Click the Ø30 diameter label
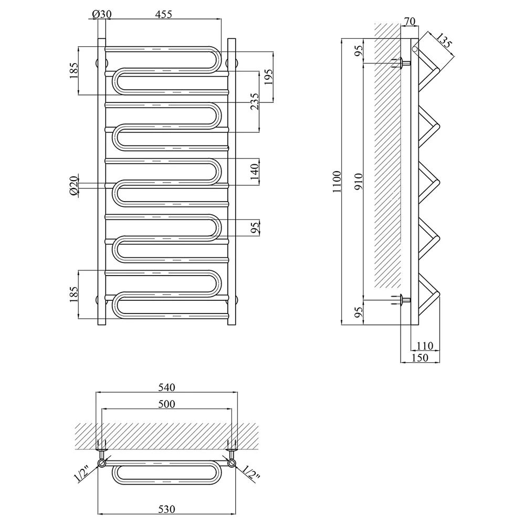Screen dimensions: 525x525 point(101,14)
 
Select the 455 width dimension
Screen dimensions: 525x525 point(164,14)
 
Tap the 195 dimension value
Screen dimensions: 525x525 point(268,77)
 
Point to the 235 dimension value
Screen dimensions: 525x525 point(255,101)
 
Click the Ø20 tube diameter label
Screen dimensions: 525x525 point(74,185)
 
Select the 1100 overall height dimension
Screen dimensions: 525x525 point(337,182)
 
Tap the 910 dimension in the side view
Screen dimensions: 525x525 point(359,182)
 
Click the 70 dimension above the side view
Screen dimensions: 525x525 point(409,21)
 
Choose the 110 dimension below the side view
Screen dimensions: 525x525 point(425,345)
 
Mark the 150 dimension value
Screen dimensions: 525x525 point(419,358)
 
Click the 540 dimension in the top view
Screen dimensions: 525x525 point(166,387)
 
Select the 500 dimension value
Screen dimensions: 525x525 point(166,404)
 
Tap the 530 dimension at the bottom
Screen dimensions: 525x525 point(166,509)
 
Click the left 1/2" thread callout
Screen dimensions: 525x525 point(81,474)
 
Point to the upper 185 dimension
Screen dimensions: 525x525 point(74,70)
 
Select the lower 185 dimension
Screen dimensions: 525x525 point(74,295)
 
